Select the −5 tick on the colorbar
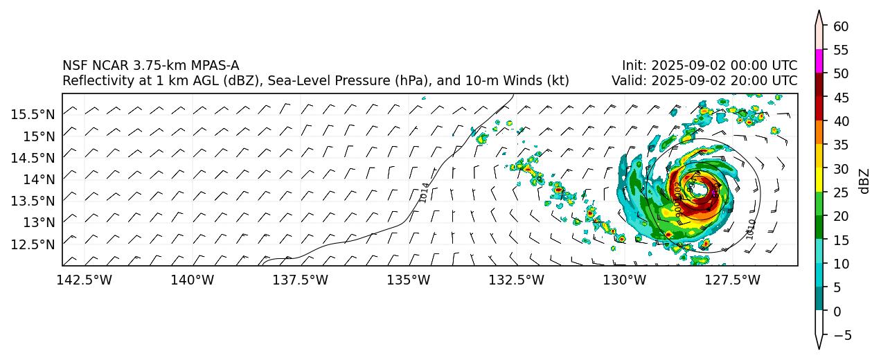pyautogui.click(x=842, y=335)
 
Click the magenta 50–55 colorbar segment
pyautogui.click(x=819, y=61)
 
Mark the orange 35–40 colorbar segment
pyautogui.click(x=819, y=132)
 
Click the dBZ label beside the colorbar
pyautogui.click(x=864, y=181)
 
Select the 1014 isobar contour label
pyautogui.click(x=425, y=192)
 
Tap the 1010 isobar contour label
pyautogui.click(x=751, y=228)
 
